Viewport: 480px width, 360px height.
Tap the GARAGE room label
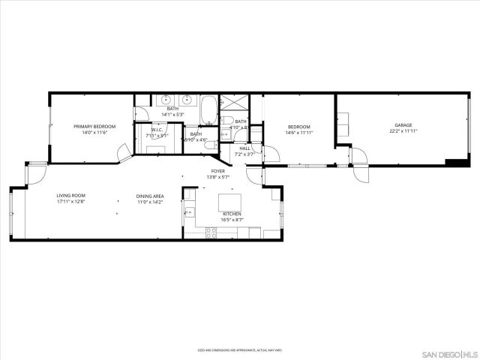tap(403, 125)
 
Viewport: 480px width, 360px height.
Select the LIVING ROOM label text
tap(71, 196)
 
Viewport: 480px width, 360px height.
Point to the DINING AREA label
tap(150, 196)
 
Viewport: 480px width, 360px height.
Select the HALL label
tap(245, 148)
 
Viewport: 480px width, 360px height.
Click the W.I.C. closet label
tap(157, 130)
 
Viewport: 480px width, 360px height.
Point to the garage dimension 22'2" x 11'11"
tap(403, 131)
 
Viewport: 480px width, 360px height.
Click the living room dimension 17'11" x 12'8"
tap(71, 202)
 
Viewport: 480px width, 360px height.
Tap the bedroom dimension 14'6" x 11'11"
tap(298, 133)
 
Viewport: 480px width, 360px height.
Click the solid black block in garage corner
tap(454, 162)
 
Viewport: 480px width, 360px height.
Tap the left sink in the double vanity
tap(163, 100)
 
